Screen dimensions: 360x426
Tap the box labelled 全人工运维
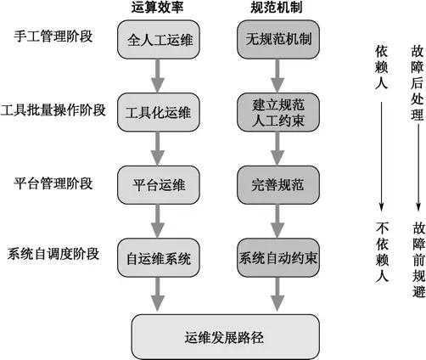tap(158, 40)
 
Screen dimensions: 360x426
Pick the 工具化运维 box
tap(158, 113)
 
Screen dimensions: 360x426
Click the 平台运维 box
tap(158, 184)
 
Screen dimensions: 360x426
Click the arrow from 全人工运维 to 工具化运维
tap(158, 76)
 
